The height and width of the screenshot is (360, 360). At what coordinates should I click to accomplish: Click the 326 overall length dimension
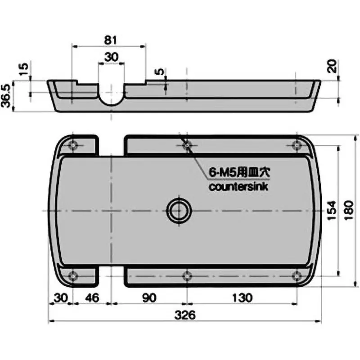click(186, 315)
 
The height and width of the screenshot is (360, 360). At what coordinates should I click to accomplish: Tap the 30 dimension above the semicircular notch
click(111, 57)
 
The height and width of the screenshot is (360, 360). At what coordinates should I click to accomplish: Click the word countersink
click(238, 187)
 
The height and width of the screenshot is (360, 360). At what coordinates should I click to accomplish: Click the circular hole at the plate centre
click(179, 210)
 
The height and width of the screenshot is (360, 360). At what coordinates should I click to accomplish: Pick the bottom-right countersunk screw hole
click(296, 275)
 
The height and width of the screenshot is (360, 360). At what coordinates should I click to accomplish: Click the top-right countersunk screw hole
click(296, 145)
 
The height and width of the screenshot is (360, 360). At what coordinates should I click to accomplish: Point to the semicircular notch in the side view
click(111, 97)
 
